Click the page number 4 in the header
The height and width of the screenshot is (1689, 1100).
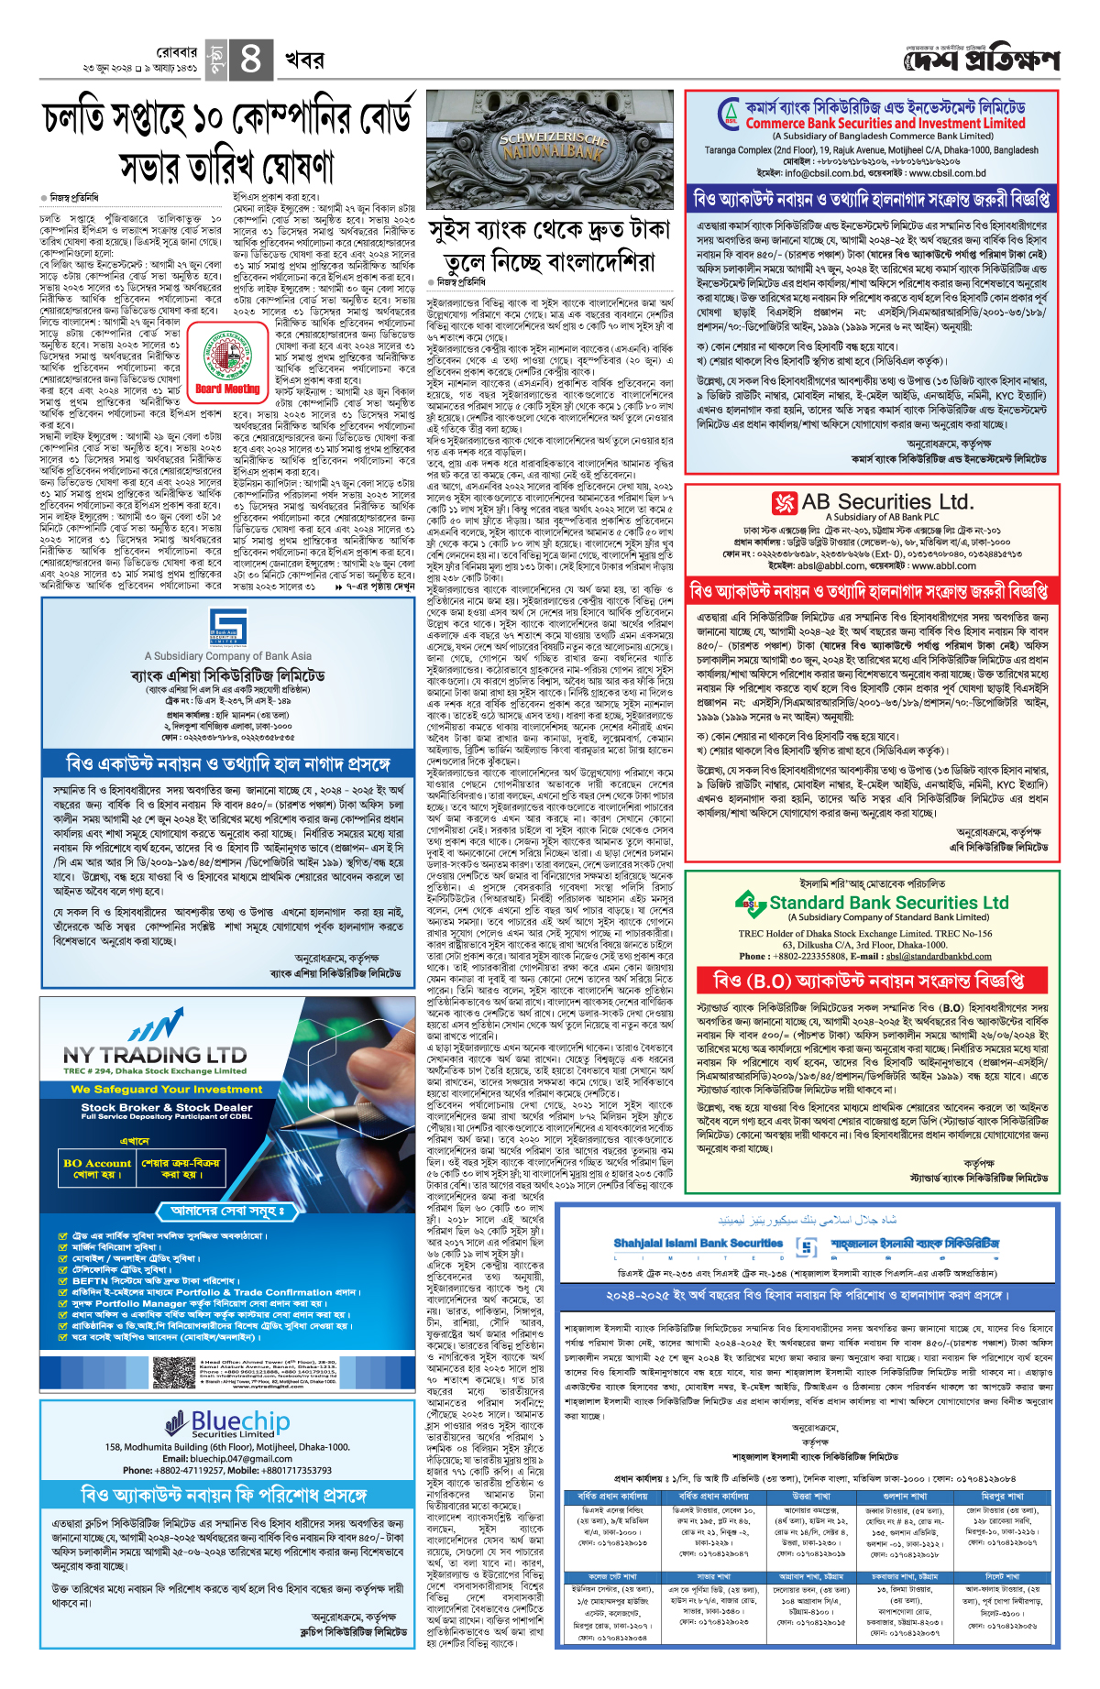[x=249, y=60]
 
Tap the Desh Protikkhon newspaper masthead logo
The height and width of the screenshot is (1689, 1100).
[x=981, y=60]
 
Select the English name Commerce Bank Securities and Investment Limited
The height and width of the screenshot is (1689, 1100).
[x=885, y=123]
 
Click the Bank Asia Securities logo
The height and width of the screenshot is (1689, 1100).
[x=227, y=627]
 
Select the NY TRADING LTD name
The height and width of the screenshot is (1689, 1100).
[x=155, y=1056]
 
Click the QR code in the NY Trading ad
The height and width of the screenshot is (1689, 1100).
[x=174, y=1372]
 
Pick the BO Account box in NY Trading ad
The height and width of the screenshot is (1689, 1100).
[x=97, y=1168]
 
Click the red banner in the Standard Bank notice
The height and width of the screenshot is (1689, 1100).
[x=870, y=982]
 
